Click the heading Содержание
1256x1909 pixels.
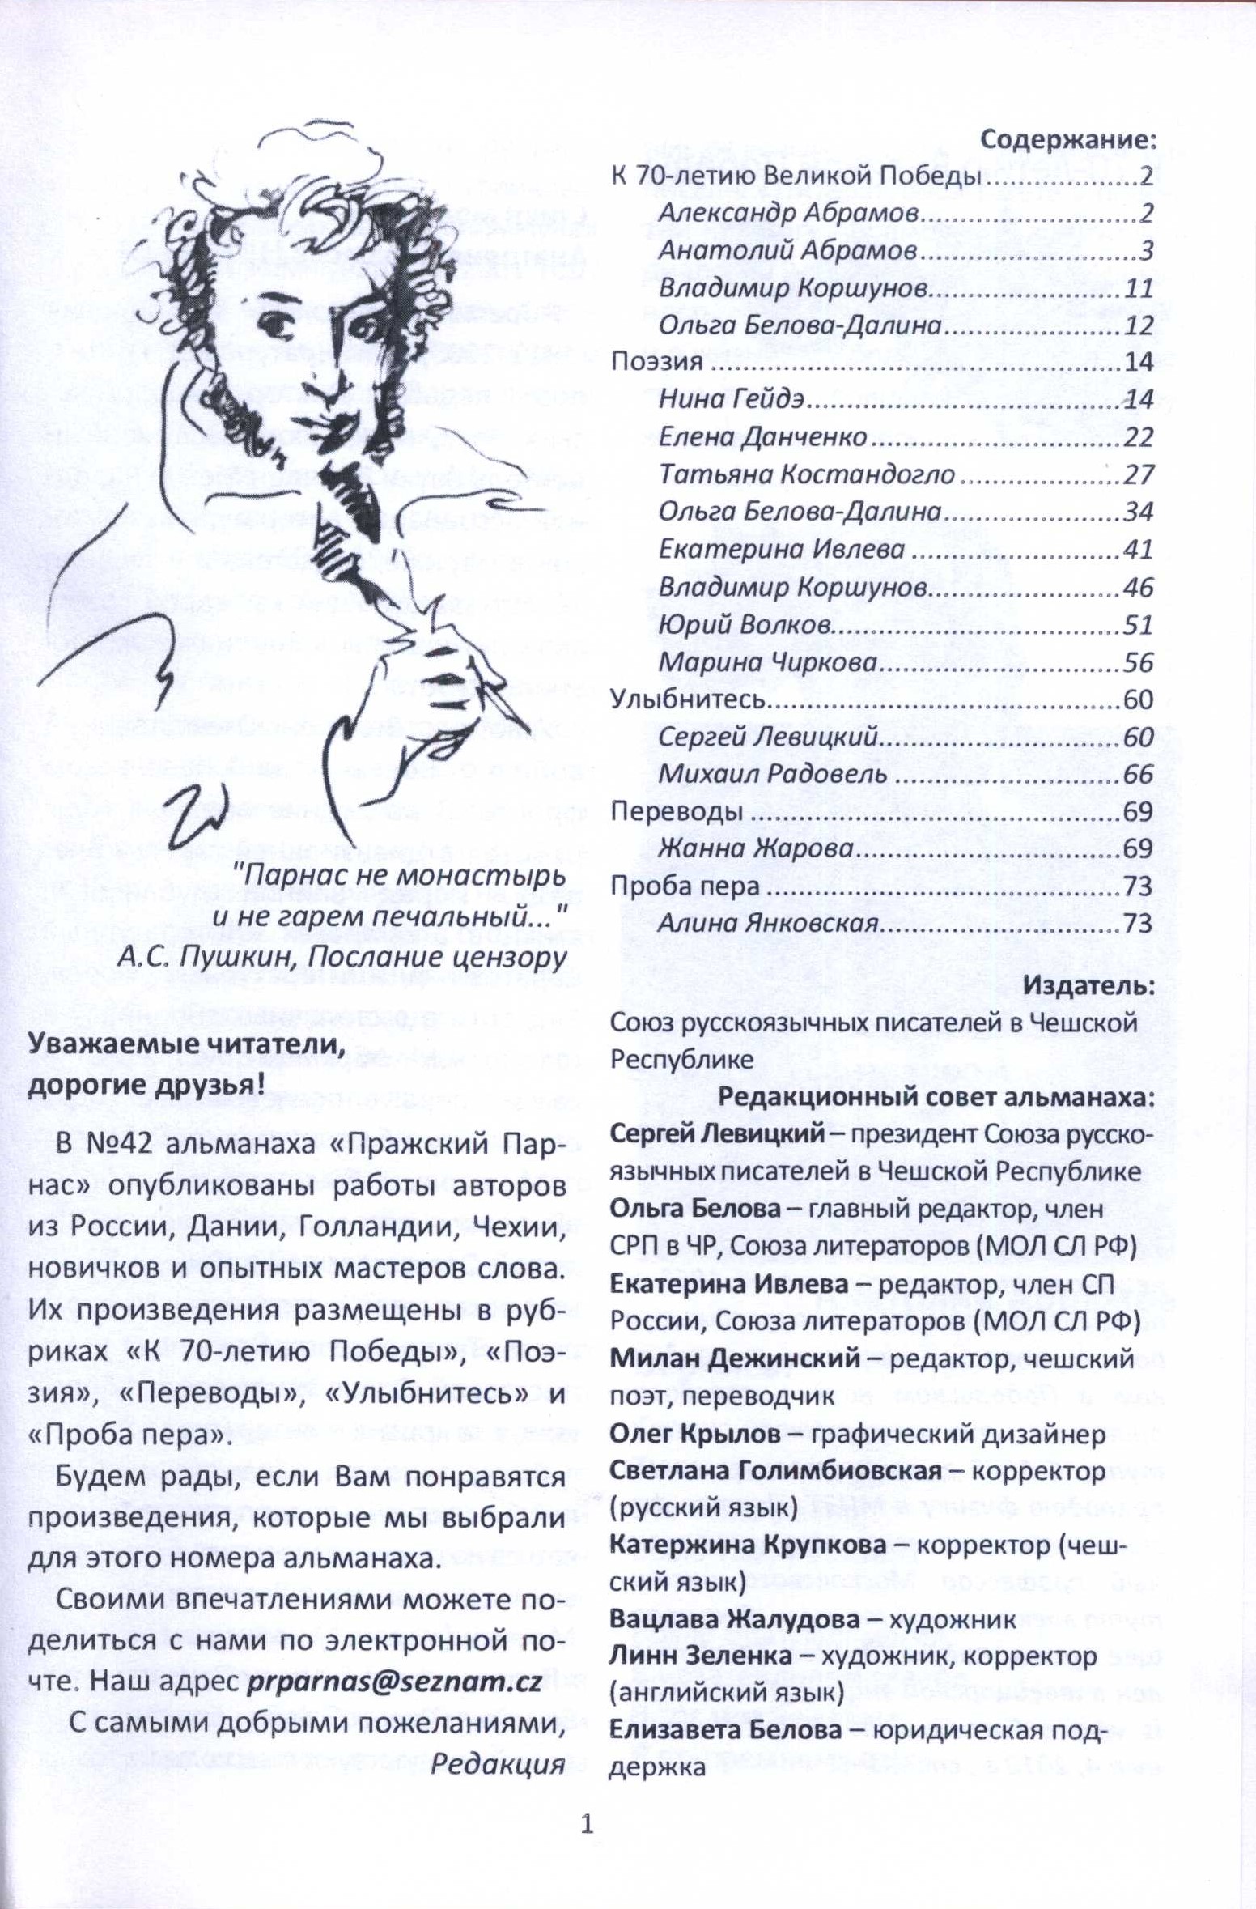click(x=1067, y=140)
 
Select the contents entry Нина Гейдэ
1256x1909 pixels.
click(x=735, y=400)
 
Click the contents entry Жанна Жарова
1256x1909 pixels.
click(x=755, y=849)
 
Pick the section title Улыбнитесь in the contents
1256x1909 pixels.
click(x=687, y=699)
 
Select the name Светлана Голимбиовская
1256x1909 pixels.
click(x=774, y=1471)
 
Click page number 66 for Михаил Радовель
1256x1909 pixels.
click(x=1137, y=774)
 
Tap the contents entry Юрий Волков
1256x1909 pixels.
click(x=745, y=625)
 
